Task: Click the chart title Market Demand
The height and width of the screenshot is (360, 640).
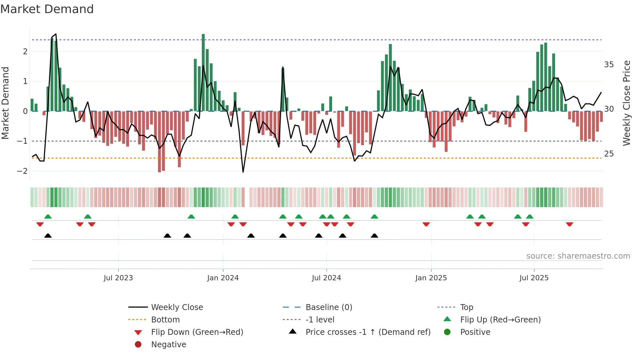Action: pyautogui.click(x=47, y=9)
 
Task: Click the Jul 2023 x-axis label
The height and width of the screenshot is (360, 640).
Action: pyautogui.click(x=118, y=278)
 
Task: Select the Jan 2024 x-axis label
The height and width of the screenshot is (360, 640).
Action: pyautogui.click(x=223, y=278)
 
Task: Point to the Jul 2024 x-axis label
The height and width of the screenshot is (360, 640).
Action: pyautogui.click(x=326, y=278)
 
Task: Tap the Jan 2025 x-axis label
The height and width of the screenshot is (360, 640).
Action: pyautogui.click(x=431, y=278)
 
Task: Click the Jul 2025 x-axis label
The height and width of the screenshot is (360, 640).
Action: pyautogui.click(x=534, y=278)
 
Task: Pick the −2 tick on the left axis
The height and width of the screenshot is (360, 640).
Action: pyautogui.click(x=22, y=171)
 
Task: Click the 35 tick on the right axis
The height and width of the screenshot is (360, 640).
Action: pyautogui.click(x=609, y=65)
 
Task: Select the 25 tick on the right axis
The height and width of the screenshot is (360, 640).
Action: pyautogui.click(x=609, y=154)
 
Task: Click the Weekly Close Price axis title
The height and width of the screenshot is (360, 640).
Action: pyautogui.click(x=626, y=103)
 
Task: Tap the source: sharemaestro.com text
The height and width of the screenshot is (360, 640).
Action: pyautogui.click(x=578, y=256)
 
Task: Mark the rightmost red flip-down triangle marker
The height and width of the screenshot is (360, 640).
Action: pyautogui.click(x=569, y=224)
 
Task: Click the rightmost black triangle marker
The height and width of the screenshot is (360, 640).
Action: pyautogui.click(x=375, y=236)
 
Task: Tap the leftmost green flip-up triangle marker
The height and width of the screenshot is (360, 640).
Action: pyautogui.click(x=48, y=217)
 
